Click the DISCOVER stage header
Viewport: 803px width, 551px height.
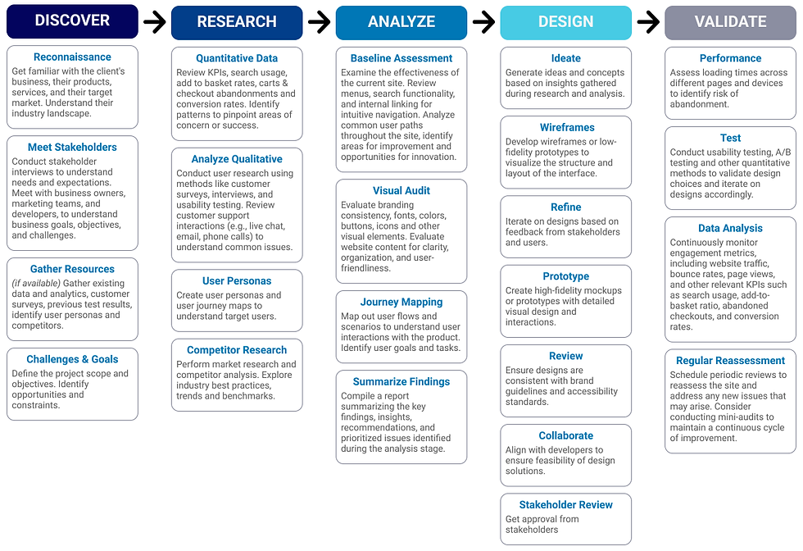[x=72, y=21]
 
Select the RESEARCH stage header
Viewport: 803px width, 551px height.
[x=237, y=22]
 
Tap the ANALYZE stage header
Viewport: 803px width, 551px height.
[x=401, y=22]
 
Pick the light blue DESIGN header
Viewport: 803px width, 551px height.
[x=566, y=22]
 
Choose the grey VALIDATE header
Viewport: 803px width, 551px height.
[x=730, y=22]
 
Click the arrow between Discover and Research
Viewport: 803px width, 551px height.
[x=154, y=22]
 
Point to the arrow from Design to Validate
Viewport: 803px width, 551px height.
[x=648, y=22]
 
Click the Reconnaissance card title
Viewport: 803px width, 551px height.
[x=72, y=57]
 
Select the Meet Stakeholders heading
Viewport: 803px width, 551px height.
[x=72, y=148]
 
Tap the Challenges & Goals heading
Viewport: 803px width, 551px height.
[x=72, y=359]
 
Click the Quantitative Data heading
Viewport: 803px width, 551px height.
[x=237, y=58]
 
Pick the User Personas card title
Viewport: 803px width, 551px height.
[x=237, y=281]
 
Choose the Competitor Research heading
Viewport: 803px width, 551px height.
[x=237, y=350]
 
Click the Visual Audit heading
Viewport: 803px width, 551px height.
[x=401, y=190]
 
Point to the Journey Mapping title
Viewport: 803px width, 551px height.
[x=401, y=302]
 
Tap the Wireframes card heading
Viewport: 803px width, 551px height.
[x=566, y=127]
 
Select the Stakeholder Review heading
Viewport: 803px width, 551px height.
[x=566, y=505]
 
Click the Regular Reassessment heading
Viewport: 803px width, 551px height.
[x=730, y=361]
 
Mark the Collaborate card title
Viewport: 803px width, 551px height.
[x=566, y=435]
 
